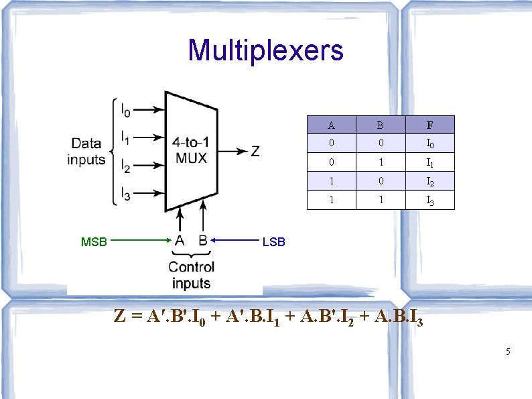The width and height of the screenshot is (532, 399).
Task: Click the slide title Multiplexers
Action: (265, 50)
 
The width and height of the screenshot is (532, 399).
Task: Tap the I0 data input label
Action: (126, 109)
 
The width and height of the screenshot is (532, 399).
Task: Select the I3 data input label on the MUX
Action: (126, 194)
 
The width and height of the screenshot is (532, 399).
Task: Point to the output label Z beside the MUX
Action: (255, 151)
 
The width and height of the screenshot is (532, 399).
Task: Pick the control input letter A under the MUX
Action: (180, 239)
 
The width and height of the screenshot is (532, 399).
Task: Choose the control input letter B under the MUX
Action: (202, 239)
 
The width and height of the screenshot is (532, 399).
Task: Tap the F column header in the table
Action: (429, 125)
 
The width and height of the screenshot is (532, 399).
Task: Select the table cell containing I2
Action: (429, 181)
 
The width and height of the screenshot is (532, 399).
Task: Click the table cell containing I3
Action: (429, 200)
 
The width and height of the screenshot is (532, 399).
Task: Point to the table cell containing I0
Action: (429, 144)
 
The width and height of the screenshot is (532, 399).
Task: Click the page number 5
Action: (508, 351)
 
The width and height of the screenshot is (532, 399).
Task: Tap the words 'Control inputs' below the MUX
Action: (191, 275)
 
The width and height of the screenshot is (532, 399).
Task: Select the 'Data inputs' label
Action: (86, 151)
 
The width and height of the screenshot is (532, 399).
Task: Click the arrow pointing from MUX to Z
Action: (231, 151)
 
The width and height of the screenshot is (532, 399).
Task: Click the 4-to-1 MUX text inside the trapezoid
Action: (190, 150)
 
